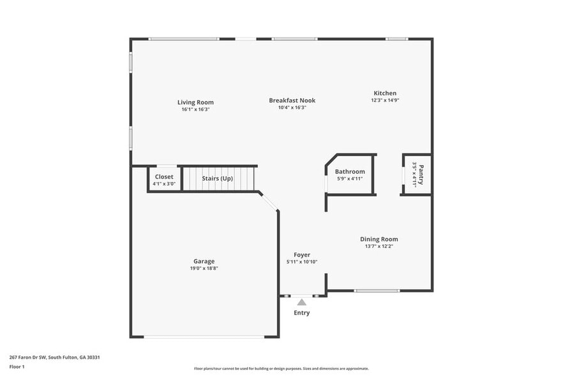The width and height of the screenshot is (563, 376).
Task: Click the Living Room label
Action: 195,102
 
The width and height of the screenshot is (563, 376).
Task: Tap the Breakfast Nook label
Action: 292,100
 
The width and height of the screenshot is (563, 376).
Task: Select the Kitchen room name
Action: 385,93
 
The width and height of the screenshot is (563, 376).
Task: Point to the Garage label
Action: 204,261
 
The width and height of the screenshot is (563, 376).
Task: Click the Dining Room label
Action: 379,239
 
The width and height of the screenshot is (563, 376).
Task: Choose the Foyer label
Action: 302,255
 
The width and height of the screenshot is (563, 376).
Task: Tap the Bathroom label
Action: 350,171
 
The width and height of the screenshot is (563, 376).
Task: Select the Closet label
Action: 164,176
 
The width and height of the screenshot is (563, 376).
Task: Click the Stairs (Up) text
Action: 217,178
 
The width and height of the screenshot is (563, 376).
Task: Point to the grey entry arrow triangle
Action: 302,302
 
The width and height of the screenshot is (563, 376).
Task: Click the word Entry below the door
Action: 302,313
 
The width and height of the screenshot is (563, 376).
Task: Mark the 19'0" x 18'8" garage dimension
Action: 204,269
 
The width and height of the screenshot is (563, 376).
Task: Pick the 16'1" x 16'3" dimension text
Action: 195,109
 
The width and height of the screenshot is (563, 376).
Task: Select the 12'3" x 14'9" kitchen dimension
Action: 385,100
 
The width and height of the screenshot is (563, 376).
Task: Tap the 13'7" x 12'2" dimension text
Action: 379,246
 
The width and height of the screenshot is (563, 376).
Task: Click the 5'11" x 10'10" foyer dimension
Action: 302,262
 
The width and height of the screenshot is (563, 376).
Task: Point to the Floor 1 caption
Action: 17,366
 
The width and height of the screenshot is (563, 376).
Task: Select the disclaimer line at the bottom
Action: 281,368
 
